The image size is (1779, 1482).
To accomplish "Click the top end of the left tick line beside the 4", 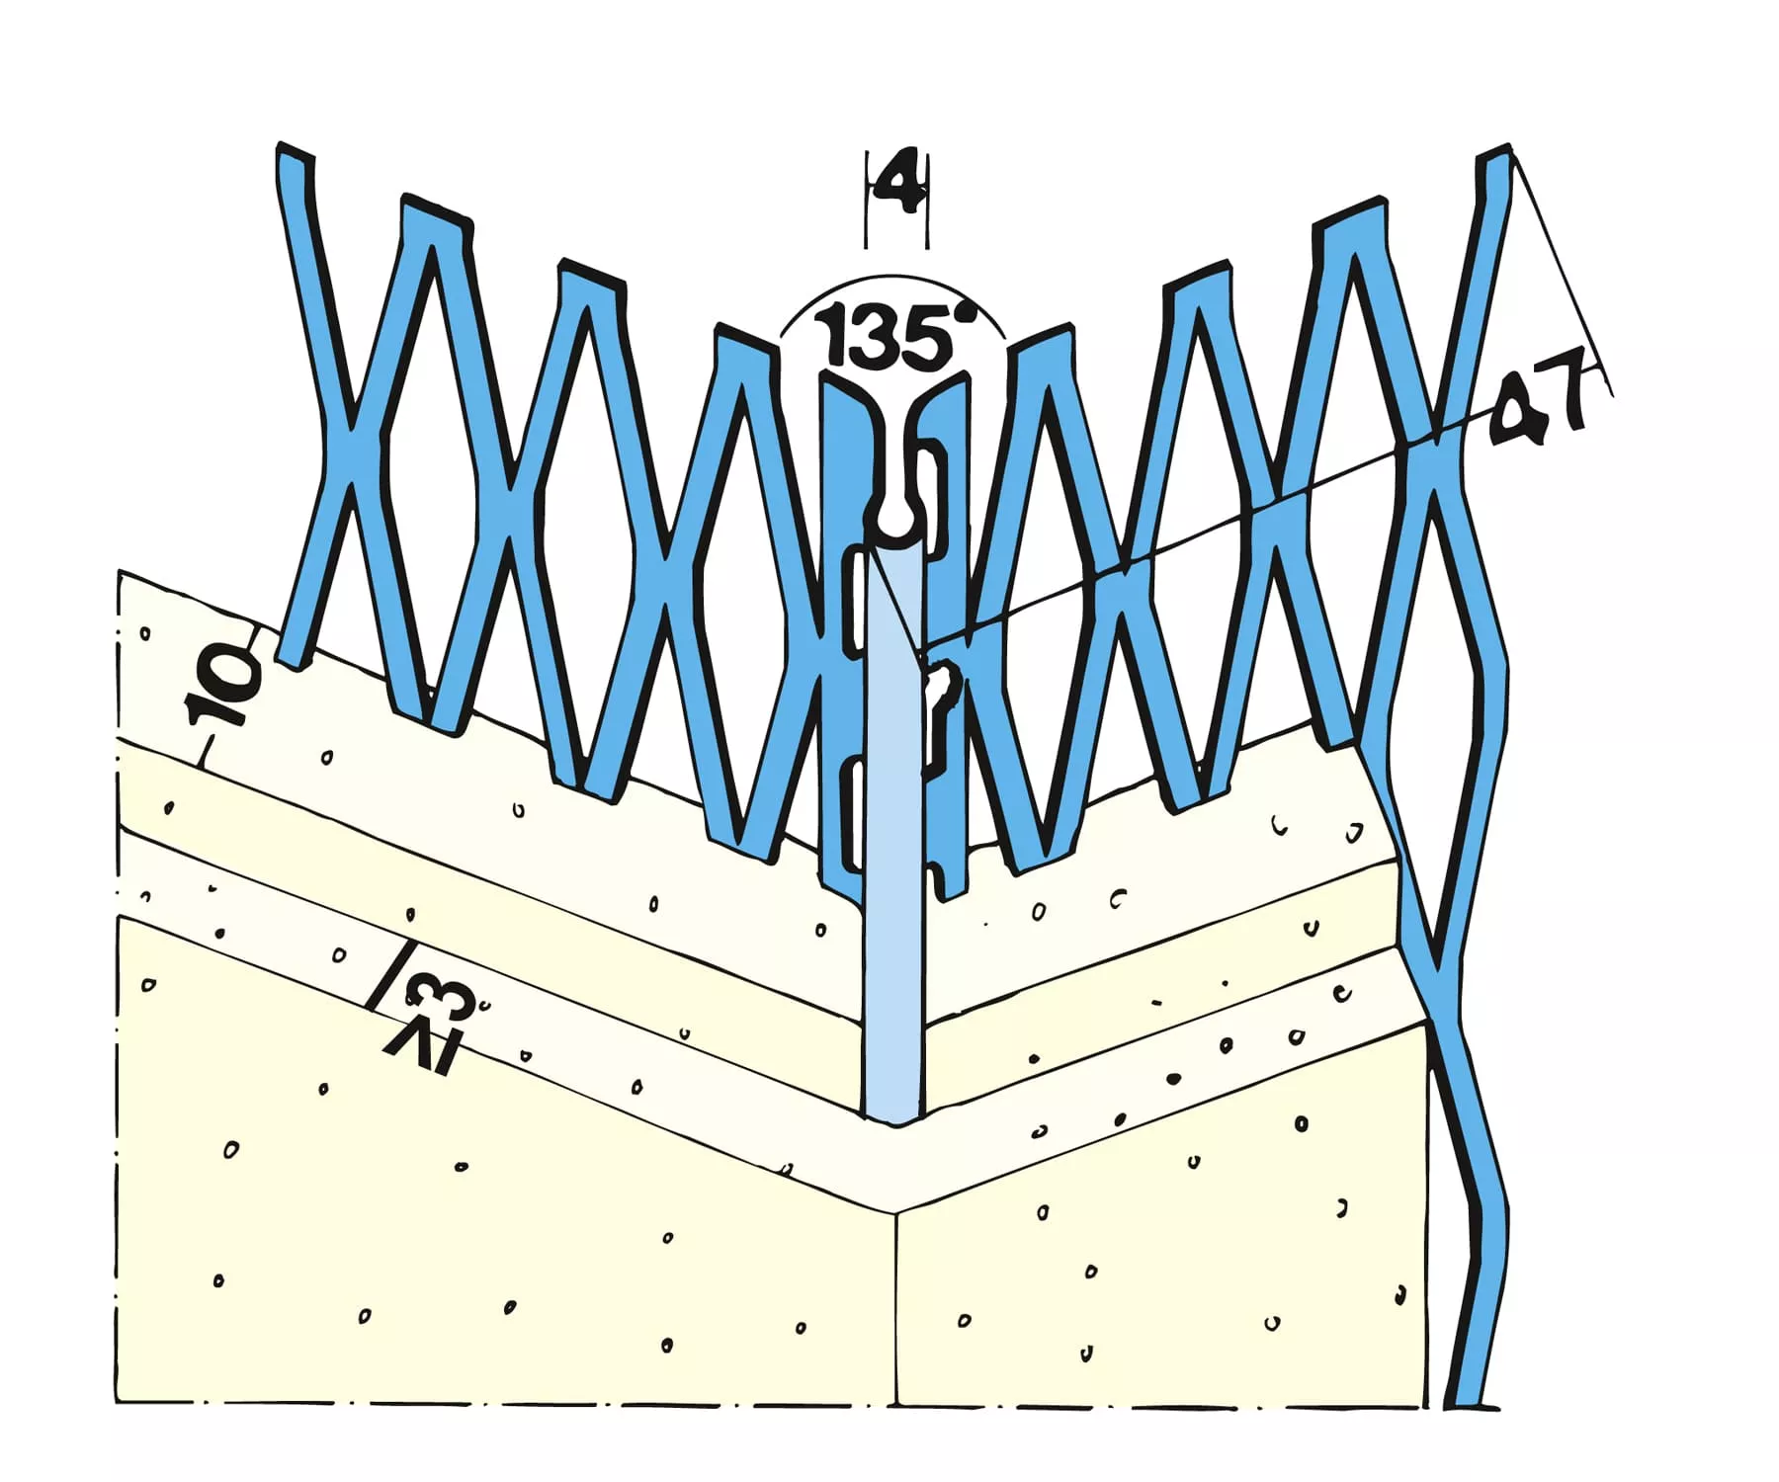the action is click(x=868, y=150).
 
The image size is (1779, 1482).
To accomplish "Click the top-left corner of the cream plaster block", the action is click(x=119, y=571).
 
